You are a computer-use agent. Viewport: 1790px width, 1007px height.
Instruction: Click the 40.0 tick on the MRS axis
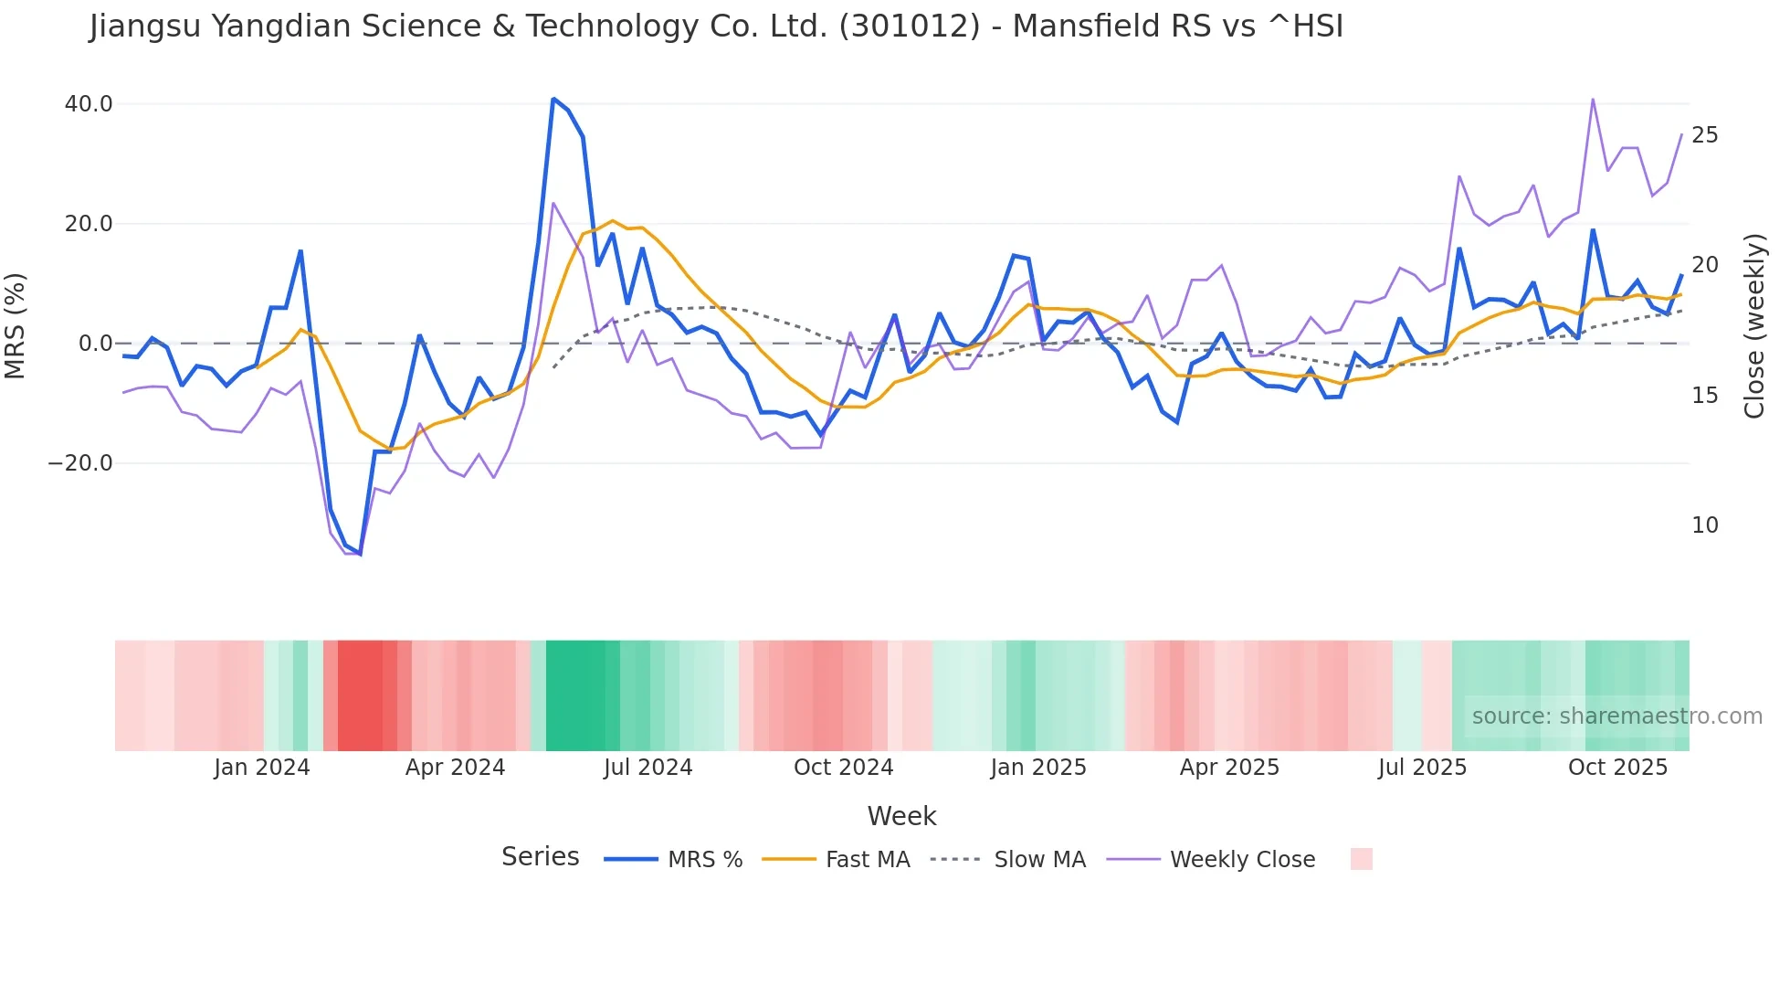click(88, 104)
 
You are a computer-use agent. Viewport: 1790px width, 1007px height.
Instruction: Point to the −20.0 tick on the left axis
click(80, 463)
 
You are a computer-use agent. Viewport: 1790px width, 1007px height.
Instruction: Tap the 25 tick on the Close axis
click(1704, 135)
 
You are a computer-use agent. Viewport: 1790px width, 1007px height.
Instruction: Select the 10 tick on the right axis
click(1704, 525)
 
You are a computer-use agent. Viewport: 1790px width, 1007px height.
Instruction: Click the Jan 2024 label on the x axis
click(262, 768)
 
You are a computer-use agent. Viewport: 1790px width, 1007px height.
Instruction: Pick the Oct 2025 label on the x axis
click(1617, 768)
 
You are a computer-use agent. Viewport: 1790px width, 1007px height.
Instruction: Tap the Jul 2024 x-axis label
click(648, 768)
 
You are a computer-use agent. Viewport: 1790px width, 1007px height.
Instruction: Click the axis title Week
click(901, 816)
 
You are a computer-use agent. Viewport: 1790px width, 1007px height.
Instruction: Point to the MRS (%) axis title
click(16, 325)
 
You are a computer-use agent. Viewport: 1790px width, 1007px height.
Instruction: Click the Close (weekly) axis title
click(1754, 325)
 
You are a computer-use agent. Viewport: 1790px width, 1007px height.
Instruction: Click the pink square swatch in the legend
click(1361, 859)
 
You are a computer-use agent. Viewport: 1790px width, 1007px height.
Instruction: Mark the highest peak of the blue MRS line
click(553, 99)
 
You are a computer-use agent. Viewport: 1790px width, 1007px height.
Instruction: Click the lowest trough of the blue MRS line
click(360, 554)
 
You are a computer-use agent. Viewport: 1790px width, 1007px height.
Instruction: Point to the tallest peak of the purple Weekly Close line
click(1593, 99)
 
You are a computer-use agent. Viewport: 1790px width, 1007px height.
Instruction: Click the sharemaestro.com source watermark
click(1616, 716)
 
